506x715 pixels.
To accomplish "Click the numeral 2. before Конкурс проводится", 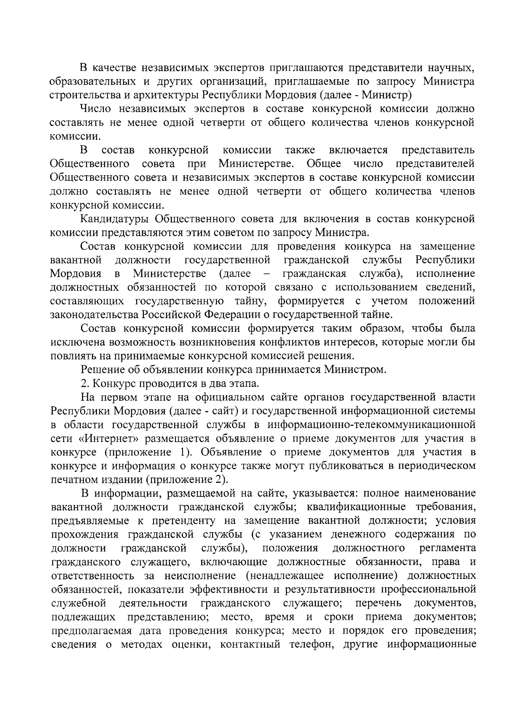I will tap(84, 384).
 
